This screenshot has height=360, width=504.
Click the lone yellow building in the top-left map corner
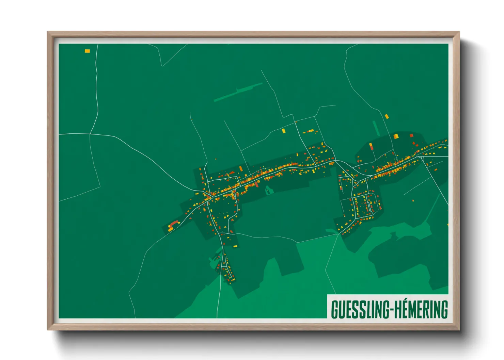(x=87, y=51)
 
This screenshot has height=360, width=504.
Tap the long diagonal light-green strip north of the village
(x=238, y=92)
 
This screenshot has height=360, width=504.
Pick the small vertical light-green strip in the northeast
(x=376, y=128)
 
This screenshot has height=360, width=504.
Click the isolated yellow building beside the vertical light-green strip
(x=387, y=116)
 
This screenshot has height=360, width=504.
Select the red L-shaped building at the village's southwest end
(x=174, y=223)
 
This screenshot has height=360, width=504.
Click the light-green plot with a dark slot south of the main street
(x=269, y=190)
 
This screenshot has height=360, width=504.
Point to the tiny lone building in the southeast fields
(x=413, y=201)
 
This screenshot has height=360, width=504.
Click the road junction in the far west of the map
(x=90, y=134)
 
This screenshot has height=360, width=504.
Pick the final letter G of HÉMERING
(x=444, y=309)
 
